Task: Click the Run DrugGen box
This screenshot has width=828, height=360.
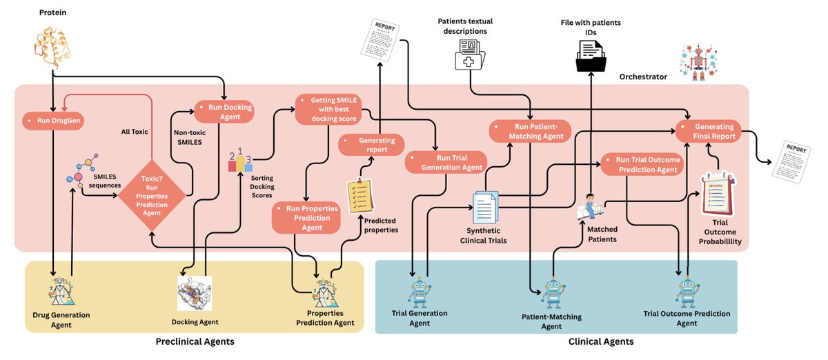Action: [x=52, y=121]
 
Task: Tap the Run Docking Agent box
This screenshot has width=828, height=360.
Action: [x=224, y=111]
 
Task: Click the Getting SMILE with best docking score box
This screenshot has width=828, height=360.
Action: [x=328, y=109]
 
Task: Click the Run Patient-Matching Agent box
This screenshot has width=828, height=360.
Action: [x=531, y=130]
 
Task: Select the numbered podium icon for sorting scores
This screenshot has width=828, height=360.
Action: [x=239, y=160]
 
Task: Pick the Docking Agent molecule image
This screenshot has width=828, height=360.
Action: [x=195, y=294]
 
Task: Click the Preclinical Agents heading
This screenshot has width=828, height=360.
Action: [x=195, y=341]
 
